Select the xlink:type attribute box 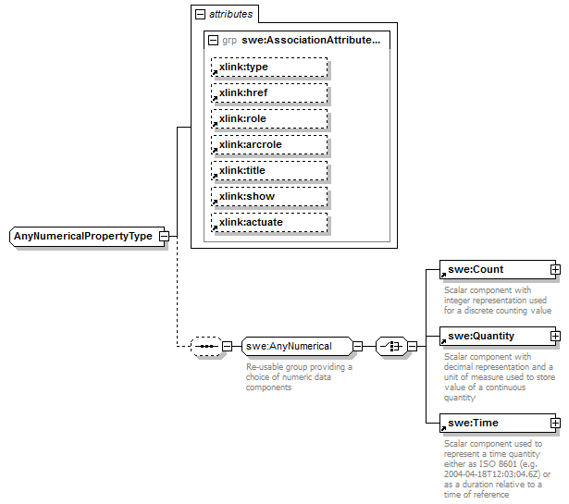[269, 68]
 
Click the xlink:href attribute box [269, 93]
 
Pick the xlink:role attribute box [269, 119]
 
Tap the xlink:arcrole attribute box [269, 145]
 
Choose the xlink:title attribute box [269, 171]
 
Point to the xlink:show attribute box [269, 197]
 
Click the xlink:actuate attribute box [269, 223]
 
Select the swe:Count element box [494, 270]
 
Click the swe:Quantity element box [494, 336]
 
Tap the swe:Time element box [494, 424]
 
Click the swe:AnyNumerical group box [297, 347]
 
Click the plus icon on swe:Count [555, 270]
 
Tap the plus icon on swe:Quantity [555, 336]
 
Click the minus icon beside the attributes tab [199, 15]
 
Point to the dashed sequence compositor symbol [205, 347]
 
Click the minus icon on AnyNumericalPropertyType [164, 236]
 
